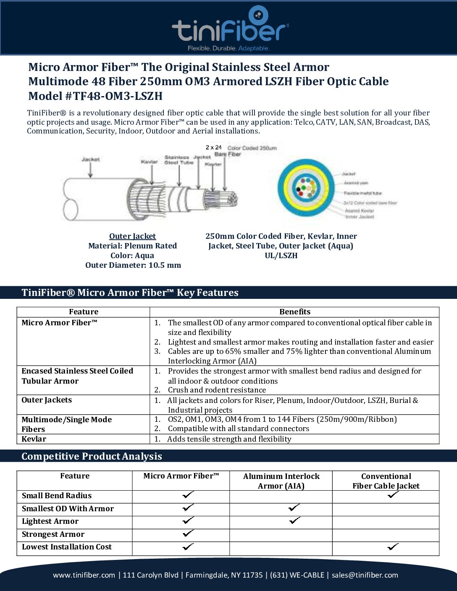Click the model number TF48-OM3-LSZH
(x=118, y=96)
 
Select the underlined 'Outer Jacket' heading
(x=132, y=236)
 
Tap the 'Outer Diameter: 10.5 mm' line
(x=133, y=265)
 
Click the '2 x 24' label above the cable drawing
(x=213, y=147)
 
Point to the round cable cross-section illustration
(x=305, y=187)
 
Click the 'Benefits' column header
(x=294, y=312)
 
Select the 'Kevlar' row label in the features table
(x=34, y=439)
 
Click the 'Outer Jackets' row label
(x=47, y=400)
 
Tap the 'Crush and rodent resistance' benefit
(x=217, y=390)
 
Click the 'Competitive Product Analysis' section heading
(x=92, y=456)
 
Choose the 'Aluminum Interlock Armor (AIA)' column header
(x=281, y=481)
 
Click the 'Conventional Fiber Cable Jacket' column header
(x=386, y=481)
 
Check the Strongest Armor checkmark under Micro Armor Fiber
(x=188, y=533)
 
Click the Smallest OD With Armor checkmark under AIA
(x=294, y=508)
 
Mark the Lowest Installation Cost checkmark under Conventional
(x=393, y=547)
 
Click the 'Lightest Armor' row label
(x=50, y=521)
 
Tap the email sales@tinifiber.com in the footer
(x=365, y=575)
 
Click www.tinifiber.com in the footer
(x=84, y=575)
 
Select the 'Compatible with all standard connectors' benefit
(x=238, y=429)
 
